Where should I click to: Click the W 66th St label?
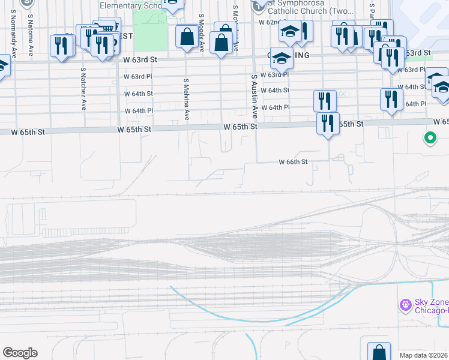(293, 162)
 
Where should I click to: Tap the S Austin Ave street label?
(255, 96)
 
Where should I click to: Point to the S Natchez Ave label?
(83, 88)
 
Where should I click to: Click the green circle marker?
(430, 139)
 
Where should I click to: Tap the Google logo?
(20, 353)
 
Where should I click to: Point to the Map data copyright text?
(424, 355)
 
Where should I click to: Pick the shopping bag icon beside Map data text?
(379, 350)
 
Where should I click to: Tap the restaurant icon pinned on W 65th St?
(328, 124)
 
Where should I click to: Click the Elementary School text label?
(130, 5)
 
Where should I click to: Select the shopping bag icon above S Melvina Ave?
(186, 37)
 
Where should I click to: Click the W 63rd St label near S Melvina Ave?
(140, 60)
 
